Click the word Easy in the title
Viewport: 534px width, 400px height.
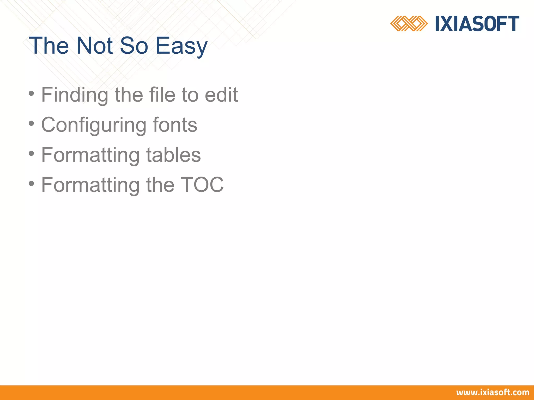click(181, 46)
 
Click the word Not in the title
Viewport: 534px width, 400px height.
click(94, 46)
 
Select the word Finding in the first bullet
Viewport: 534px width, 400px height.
click(75, 95)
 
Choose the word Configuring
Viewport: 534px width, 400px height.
click(94, 125)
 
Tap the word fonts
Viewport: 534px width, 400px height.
click(175, 125)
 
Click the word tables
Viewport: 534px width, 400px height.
click(173, 155)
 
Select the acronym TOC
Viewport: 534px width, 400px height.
click(202, 185)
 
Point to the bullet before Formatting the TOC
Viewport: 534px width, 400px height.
click(31, 184)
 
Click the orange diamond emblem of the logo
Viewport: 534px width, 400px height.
click(409, 23)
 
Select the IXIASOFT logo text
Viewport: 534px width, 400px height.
click(477, 24)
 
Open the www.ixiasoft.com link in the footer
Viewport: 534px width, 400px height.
click(493, 392)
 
